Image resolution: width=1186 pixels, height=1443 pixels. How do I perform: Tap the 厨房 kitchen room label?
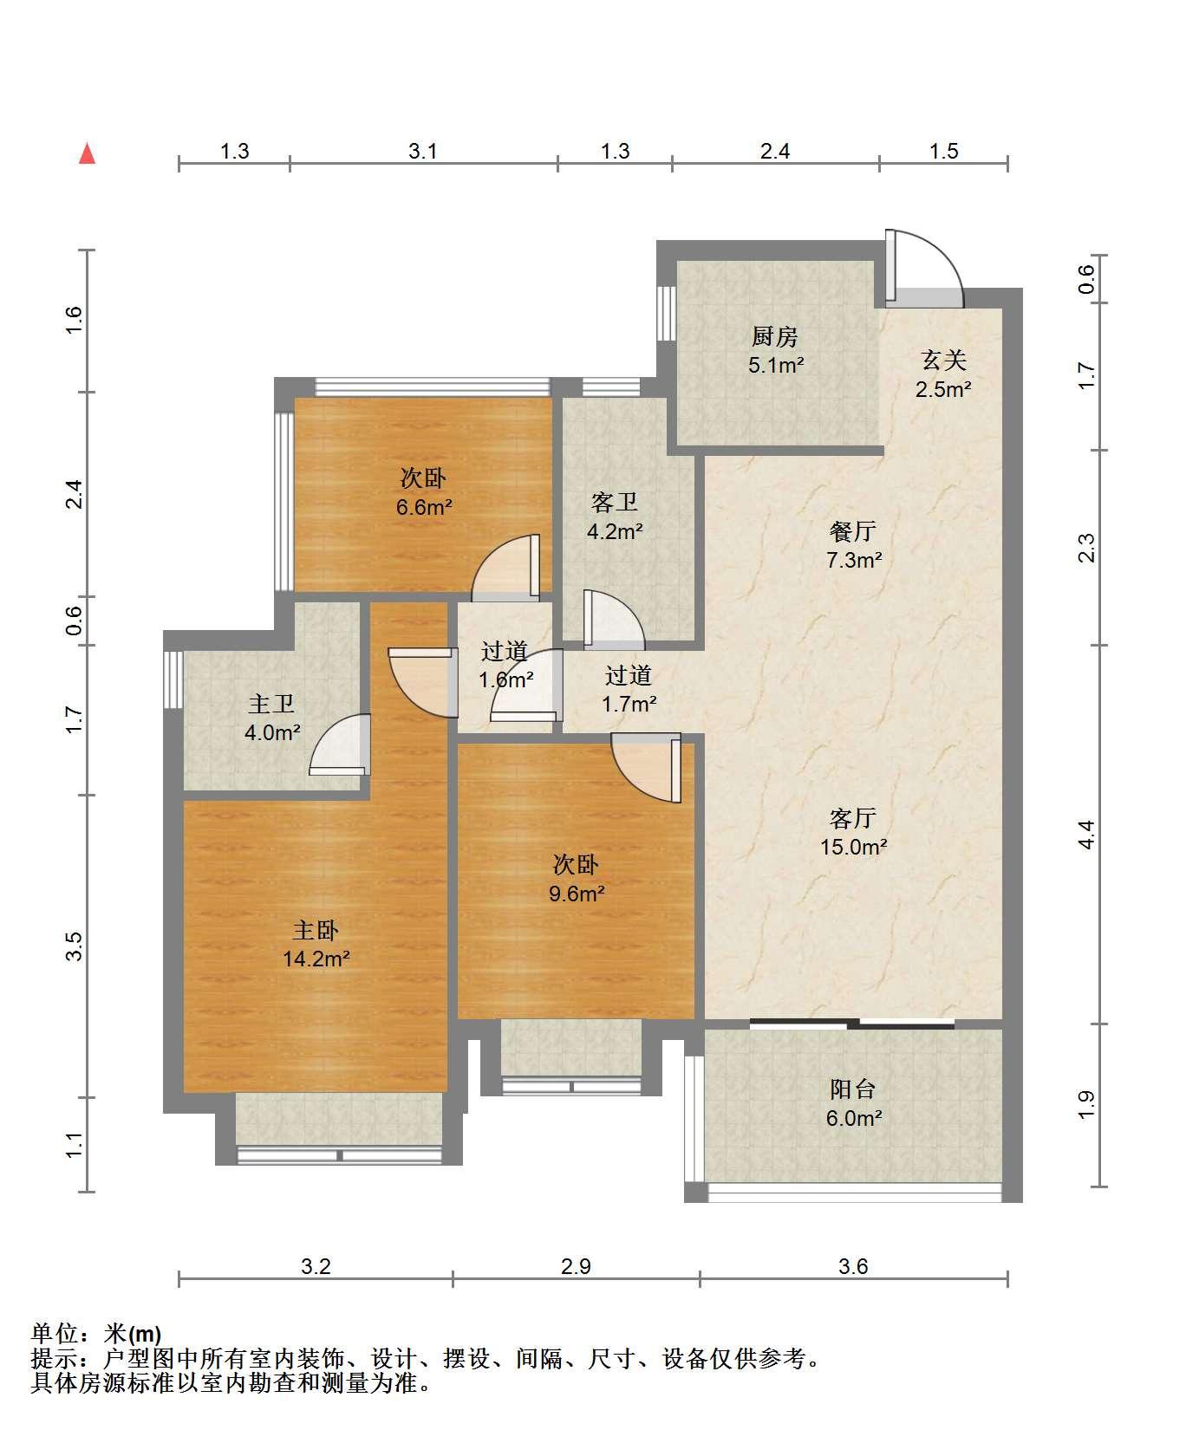point(775,336)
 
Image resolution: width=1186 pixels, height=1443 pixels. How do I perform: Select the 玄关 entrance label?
point(943,360)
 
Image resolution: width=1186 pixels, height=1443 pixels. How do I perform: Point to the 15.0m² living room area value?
point(854,847)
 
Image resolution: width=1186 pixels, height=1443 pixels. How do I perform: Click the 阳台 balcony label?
point(853,1089)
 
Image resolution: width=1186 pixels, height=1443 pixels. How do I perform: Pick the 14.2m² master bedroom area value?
point(316,959)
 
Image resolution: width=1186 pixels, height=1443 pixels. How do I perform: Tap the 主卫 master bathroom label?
point(271,704)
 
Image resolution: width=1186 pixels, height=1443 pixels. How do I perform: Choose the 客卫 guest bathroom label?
point(615,502)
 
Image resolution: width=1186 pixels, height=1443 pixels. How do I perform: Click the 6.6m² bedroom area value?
point(425,507)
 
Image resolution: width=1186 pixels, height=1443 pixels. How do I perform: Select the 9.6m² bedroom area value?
point(577,893)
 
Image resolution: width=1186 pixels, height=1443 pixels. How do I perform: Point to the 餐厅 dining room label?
point(853,530)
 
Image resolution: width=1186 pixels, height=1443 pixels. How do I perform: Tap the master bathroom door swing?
point(340,744)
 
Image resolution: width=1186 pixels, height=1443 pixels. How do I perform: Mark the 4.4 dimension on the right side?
point(1087,835)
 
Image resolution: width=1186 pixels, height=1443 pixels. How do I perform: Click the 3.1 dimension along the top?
point(423,151)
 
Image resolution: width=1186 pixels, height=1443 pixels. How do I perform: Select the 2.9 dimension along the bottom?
point(576,1266)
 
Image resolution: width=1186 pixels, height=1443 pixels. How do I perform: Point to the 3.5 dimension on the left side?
point(75,946)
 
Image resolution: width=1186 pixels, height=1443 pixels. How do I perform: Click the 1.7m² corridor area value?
point(629,704)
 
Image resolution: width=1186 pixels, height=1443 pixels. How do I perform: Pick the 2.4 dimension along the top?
point(775,151)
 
